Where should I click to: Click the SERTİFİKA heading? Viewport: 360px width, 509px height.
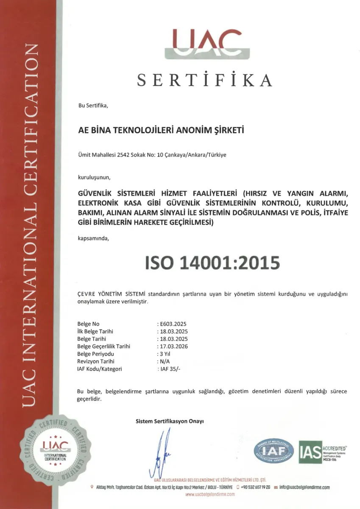point(205,80)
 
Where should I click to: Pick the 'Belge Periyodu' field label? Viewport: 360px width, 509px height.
point(96,354)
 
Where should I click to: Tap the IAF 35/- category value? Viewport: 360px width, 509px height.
point(169,369)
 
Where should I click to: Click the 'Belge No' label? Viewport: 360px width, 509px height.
point(88,324)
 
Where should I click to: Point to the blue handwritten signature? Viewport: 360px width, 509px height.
point(162,452)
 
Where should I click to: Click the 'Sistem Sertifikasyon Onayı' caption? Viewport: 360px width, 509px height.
point(170,421)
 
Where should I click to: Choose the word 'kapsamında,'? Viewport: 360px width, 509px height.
point(93,238)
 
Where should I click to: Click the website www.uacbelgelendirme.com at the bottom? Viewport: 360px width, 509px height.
point(210,495)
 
